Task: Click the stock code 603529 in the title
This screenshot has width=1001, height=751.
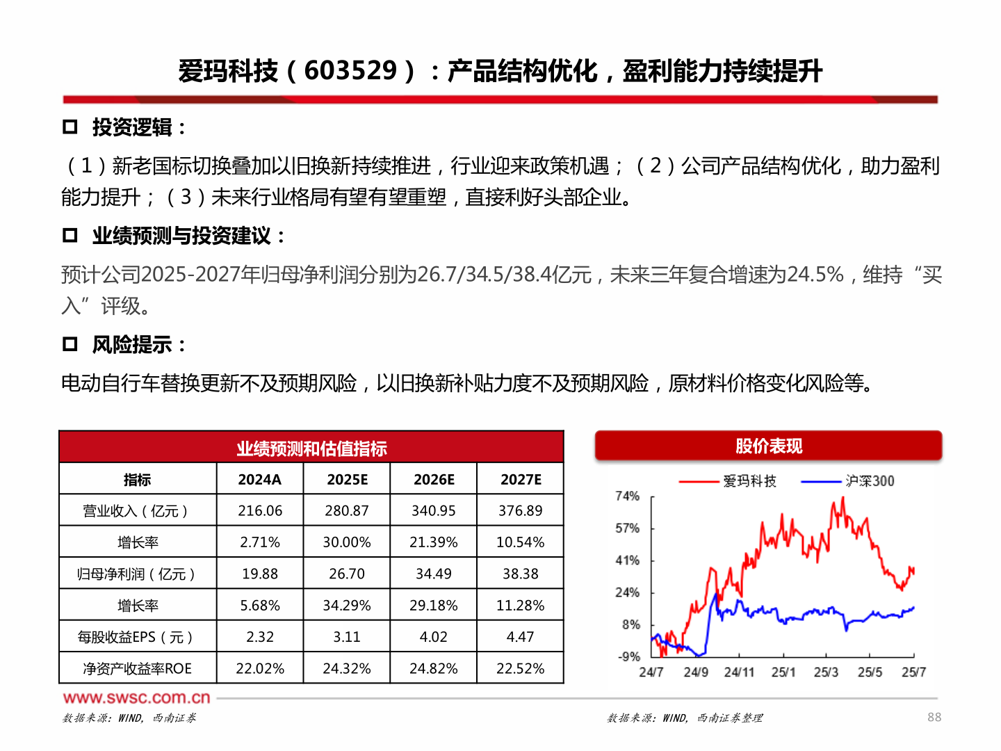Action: click(350, 71)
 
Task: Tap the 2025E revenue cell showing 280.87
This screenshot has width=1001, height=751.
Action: click(347, 511)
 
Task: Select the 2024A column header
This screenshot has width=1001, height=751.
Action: click(260, 480)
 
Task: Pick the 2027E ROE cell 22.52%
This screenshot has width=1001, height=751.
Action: click(520, 669)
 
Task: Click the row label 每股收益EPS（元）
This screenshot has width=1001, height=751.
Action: click(136, 637)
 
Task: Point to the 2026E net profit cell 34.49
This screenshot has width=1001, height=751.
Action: click(434, 574)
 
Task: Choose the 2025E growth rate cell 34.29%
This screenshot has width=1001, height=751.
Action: click(347, 606)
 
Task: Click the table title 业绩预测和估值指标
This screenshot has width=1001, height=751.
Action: click(311, 449)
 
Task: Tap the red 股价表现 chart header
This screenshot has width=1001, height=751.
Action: click(769, 446)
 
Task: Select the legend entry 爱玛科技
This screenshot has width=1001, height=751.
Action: click(749, 481)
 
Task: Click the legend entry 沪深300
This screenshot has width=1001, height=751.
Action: click(870, 481)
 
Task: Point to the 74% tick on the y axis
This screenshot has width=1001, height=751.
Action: click(627, 496)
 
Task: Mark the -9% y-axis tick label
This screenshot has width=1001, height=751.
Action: click(628, 656)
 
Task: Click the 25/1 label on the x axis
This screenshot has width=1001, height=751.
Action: click(783, 672)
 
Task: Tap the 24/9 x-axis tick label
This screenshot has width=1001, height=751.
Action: click(696, 672)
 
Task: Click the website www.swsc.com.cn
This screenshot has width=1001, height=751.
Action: click(136, 697)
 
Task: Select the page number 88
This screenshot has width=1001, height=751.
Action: click(934, 717)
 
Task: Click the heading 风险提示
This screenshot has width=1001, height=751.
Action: click(132, 345)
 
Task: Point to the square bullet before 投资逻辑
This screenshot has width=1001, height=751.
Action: click(70, 127)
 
